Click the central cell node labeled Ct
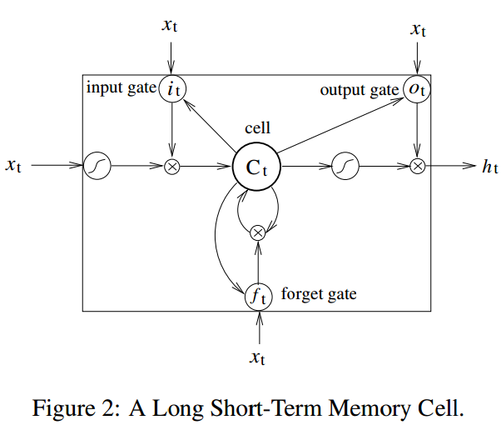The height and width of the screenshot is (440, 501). [x=255, y=166]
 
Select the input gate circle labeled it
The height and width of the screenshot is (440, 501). [x=171, y=89]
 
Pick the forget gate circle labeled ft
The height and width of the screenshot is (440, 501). [x=258, y=294]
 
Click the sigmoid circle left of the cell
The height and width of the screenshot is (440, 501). [x=97, y=166]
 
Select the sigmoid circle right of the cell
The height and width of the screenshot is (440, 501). [x=345, y=166]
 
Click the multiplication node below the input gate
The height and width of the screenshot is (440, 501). [x=171, y=166]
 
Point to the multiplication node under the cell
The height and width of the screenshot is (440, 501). [x=258, y=232]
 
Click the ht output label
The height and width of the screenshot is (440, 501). [x=489, y=166]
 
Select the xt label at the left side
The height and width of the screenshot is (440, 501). [x=13, y=166]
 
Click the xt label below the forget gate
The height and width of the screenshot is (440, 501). [x=259, y=357]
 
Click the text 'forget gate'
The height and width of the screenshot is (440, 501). [x=320, y=294]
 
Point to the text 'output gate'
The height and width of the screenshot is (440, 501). [x=359, y=90]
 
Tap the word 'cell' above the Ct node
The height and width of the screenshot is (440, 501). [x=257, y=128]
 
